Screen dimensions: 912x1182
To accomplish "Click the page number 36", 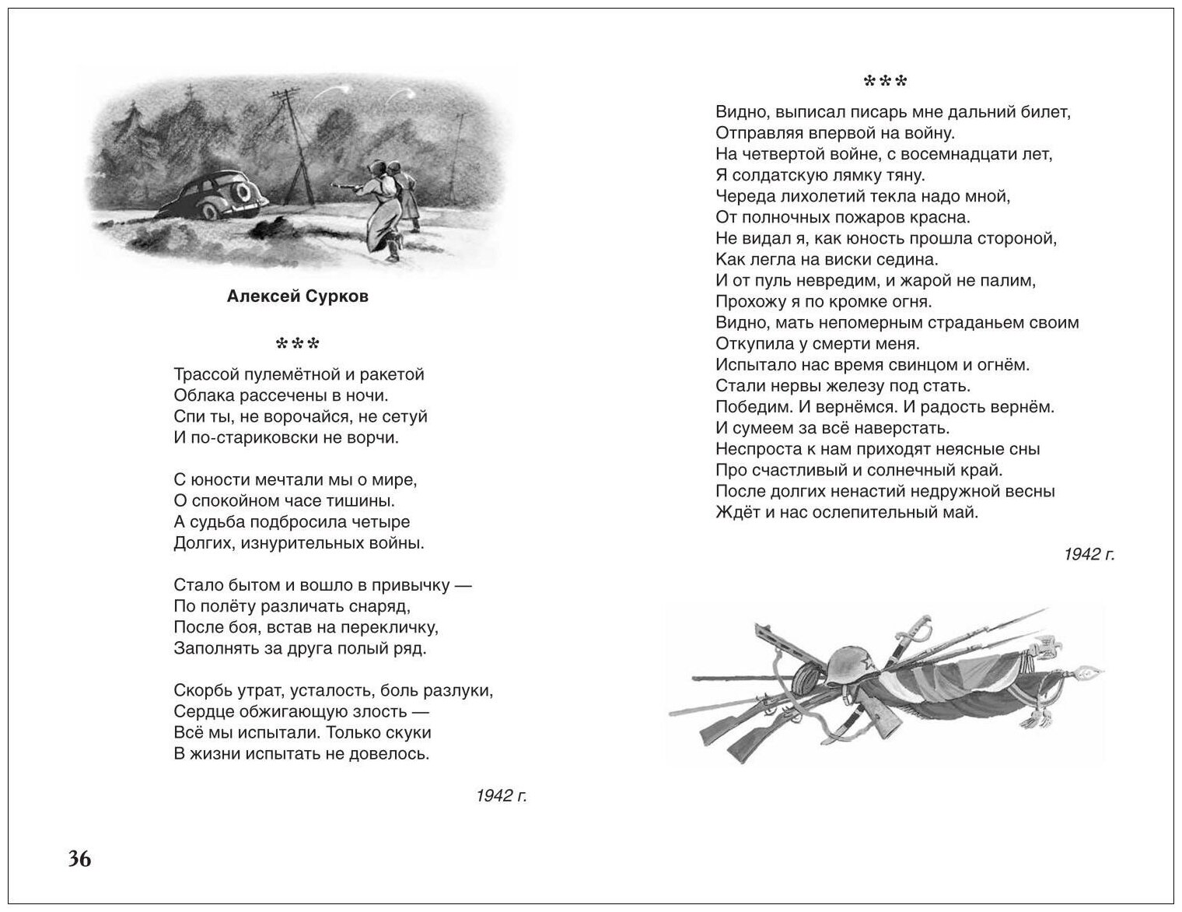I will (x=79, y=859).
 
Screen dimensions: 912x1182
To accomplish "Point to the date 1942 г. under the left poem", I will (x=502, y=795).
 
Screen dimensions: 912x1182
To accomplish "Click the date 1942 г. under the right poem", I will (x=1089, y=554).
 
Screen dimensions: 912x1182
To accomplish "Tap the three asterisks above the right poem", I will (x=886, y=80).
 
